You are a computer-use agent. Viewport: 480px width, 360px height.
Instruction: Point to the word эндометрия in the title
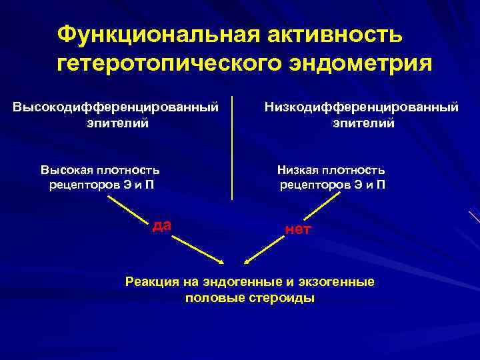[358, 64]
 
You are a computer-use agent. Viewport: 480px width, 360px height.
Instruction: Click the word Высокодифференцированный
[117, 107]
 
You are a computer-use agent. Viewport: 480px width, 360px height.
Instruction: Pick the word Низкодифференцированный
[362, 107]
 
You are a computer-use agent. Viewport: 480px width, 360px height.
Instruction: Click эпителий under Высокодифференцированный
[117, 123]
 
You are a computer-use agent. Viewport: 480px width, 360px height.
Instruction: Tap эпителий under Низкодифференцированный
[364, 123]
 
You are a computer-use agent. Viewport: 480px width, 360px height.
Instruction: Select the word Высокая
[70, 171]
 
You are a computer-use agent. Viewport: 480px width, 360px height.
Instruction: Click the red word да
[162, 225]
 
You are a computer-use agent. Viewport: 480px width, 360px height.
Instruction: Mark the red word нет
[297, 230]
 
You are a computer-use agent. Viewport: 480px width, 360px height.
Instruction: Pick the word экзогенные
[341, 282]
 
